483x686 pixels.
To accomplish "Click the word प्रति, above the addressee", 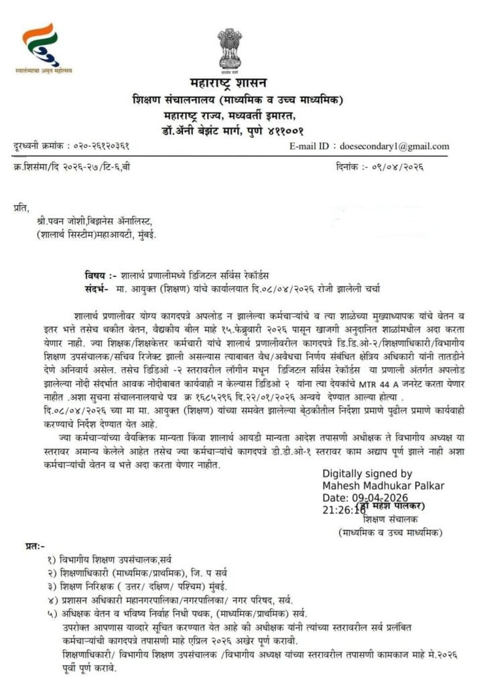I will click(22, 209).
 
